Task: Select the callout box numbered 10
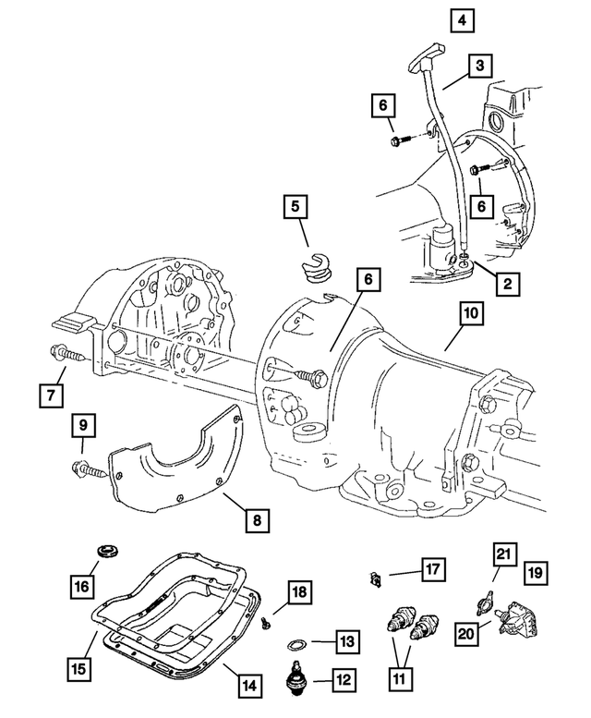[470, 314]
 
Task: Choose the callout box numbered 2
[507, 285]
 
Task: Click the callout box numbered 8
[258, 521]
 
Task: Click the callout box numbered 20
[468, 633]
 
